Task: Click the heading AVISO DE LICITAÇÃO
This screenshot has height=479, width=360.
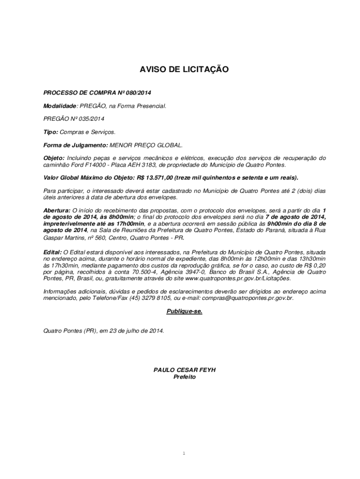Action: pos(184,70)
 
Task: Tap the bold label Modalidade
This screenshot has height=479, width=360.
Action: pos(60,106)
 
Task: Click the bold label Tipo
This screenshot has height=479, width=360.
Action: pos(50,132)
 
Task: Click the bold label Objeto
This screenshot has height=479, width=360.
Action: pos(54,158)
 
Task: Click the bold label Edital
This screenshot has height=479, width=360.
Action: pos(52,252)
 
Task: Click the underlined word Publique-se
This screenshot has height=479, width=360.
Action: pos(184,311)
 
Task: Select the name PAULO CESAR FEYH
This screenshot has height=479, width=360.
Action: pos(184,370)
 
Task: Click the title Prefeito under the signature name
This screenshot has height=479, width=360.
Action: pos(184,377)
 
